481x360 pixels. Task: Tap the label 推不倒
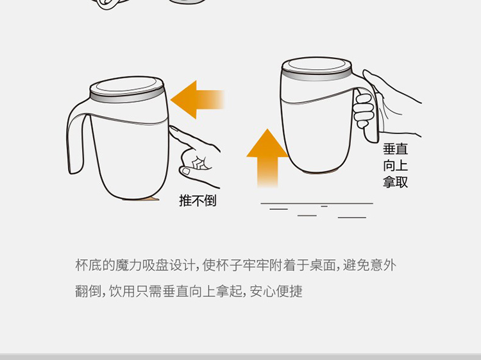click(x=198, y=200)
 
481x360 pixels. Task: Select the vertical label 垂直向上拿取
click(x=396, y=166)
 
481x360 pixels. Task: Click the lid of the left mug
click(x=127, y=89)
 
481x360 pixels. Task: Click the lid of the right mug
click(x=317, y=68)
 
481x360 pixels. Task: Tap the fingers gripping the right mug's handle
click(x=364, y=110)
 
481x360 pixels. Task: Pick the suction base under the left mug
click(x=141, y=199)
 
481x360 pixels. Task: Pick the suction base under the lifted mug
click(x=321, y=171)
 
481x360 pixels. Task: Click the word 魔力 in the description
click(x=128, y=265)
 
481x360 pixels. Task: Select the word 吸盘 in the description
click(x=155, y=265)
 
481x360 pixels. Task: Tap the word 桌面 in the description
click(x=323, y=265)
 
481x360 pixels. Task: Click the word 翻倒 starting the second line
click(x=89, y=291)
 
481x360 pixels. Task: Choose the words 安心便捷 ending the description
click(x=276, y=291)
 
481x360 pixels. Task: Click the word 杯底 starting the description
click(x=89, y=265)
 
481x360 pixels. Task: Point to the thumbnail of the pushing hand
click(x=185, y=171)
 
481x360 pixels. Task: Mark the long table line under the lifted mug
click(x=317, y=203)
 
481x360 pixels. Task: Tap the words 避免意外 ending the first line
click(x=369, y=265)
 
